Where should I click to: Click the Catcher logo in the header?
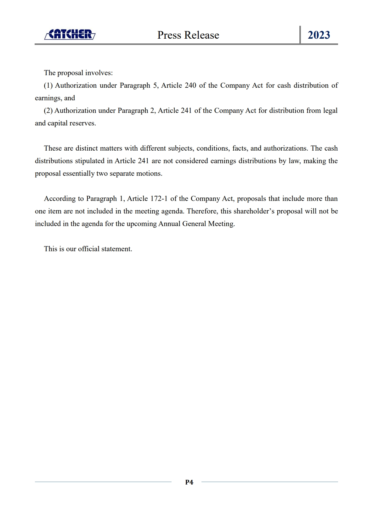70,34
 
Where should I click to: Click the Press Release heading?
188,35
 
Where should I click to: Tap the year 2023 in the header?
319,35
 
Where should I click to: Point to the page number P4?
189,482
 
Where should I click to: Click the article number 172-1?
159,199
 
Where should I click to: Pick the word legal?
330,111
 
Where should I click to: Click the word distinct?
86,148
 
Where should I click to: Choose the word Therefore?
202,211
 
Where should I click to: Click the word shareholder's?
254,211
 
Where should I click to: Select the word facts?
240,148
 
